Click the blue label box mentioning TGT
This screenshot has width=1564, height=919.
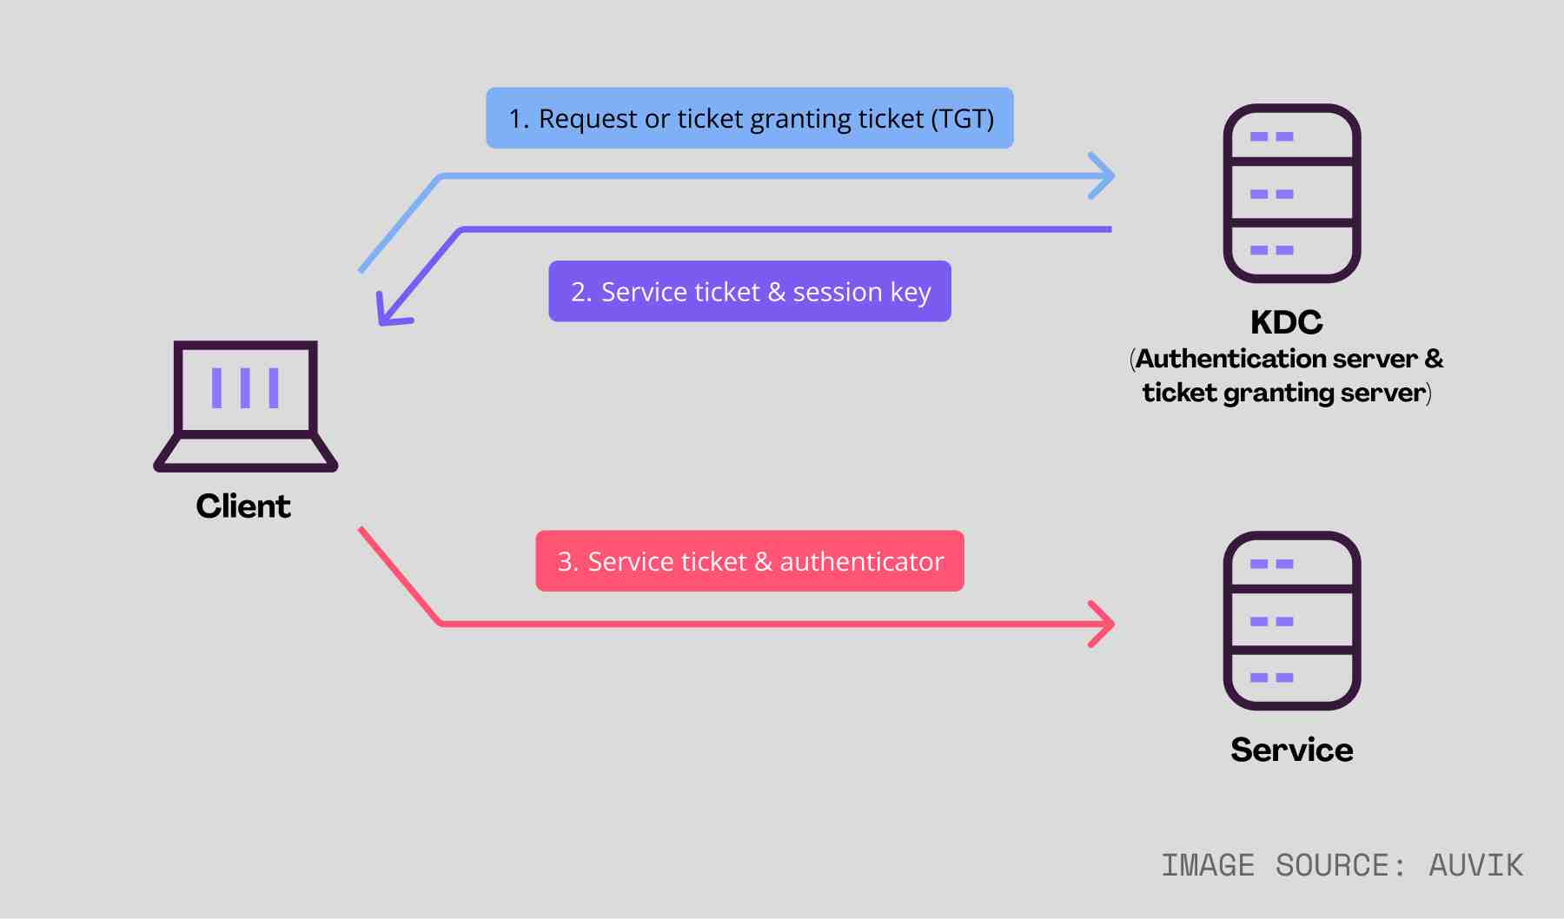749,118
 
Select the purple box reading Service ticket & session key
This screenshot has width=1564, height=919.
749,292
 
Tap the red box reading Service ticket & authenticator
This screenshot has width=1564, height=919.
749,561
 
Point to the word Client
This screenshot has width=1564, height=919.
243,506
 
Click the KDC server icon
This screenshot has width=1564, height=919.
1291,193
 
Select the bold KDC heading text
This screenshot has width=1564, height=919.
1286,322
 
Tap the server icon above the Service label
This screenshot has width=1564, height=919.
1291,620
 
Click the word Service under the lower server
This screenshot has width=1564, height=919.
1291,750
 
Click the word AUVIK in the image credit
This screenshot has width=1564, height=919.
1475,866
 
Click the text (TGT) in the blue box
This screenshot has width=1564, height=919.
962,118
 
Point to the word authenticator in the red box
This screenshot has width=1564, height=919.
861,562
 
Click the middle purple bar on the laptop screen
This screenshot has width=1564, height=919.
246,388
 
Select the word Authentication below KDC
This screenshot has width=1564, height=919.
1232,359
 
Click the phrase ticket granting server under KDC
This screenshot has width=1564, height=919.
1283,393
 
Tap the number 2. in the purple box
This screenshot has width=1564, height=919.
581,293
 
